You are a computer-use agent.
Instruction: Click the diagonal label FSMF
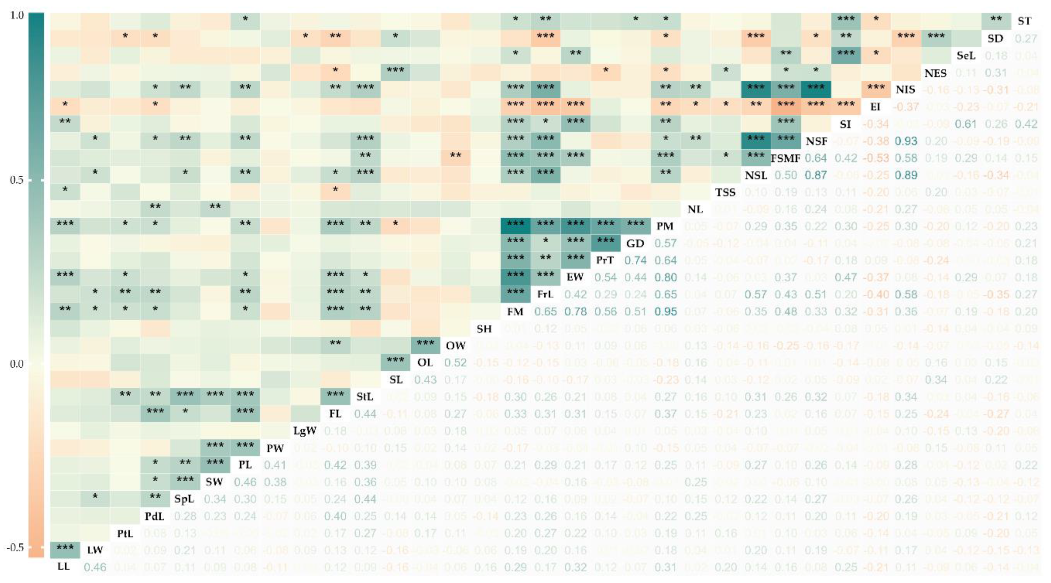(x=785, y=158)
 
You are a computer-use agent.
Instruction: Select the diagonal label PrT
(x=605, y=260)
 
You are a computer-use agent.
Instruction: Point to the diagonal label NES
(x=935, y=73)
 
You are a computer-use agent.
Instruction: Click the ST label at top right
(x=1024, y=21)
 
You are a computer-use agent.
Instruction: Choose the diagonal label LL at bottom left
(x=64, y=566)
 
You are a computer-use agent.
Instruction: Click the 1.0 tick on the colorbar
(x=16, y=16)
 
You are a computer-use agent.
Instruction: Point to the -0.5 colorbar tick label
(x=16, y=547)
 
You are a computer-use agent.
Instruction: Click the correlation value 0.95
(x=665, y=311)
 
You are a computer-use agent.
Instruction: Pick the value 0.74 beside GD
(x=635, y=260)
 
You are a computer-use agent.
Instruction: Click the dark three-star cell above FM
(x=515, y=292)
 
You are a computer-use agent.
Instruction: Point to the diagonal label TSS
(x=725, y=192)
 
